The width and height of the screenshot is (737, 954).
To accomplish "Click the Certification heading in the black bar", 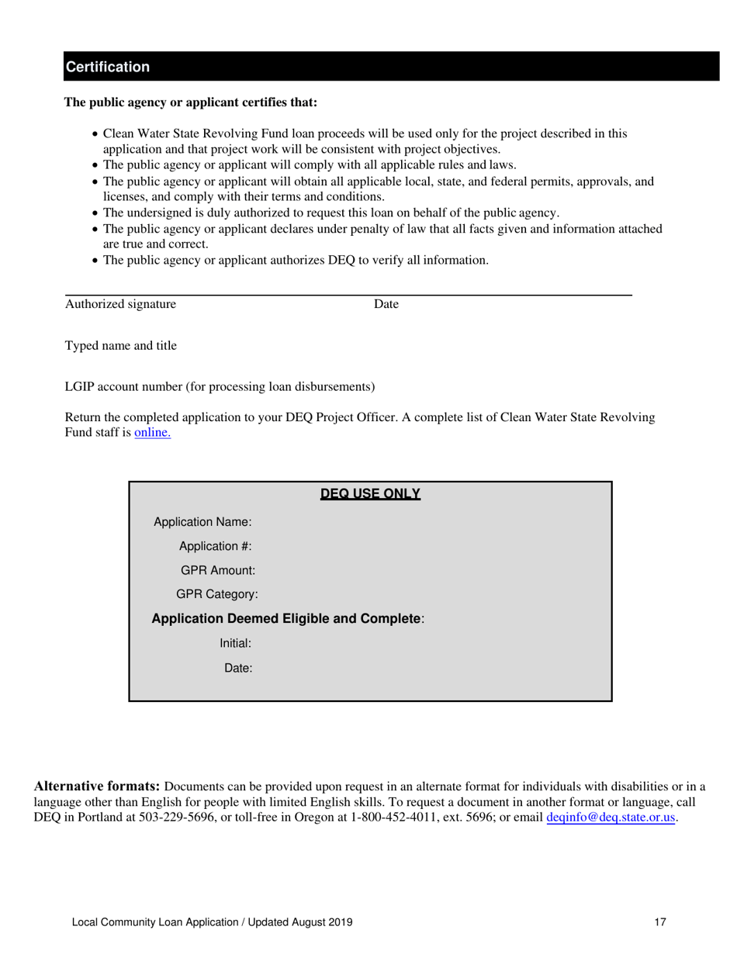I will tap(107, 67).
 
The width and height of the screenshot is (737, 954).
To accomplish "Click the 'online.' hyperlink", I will tap(153, 433).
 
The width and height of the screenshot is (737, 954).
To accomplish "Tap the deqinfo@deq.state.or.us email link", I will tap(611, 817).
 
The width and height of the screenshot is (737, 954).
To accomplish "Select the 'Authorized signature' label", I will tap(120, 305).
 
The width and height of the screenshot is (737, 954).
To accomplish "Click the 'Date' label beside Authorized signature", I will tap(386, 305).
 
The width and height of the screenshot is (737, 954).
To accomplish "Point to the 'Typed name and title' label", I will tap(120, 346).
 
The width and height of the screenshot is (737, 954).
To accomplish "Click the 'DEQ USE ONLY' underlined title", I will tap(370, 494).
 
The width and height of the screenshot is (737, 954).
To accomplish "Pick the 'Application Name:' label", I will tap(202, 522).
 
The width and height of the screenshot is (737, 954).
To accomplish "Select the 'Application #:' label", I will tap(215, 546).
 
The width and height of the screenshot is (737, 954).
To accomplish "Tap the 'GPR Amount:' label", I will tap(217, 570).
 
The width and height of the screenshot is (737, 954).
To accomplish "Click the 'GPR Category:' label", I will tap(217, 594).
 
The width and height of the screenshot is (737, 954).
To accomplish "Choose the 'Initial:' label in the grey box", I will tap(236, 643).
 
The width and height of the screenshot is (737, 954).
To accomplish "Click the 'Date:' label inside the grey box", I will tap(238, 667).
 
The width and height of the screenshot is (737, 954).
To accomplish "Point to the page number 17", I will tap(660, 922).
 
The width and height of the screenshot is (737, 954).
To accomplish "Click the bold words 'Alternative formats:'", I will tap(97, 786).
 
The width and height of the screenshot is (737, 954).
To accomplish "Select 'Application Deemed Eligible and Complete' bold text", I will tap(286, 619).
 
